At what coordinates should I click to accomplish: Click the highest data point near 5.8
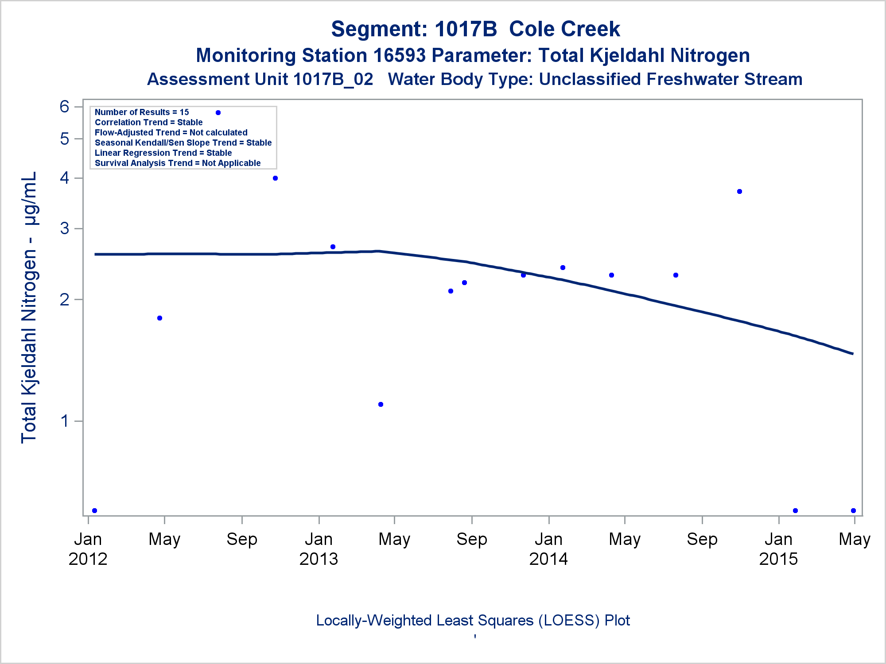click(218, 113)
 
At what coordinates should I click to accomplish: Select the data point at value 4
click(275, 178)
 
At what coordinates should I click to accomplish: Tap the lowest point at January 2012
click(94, 511)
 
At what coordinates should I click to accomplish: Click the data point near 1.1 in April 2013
click(381, 405)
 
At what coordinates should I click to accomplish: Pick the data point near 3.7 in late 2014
click(739, 192)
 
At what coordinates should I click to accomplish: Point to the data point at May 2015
click(853, 511)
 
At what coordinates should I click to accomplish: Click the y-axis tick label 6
click(65, 107)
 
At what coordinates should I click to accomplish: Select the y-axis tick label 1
click(65, 421)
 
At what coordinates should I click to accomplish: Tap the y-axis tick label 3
click(65, 228)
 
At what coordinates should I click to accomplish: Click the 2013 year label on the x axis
click(319, 559)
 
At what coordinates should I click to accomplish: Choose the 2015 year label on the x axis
click(778, 559)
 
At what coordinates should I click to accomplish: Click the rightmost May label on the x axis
click(855, 540)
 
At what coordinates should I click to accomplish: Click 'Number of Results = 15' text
click(142, 112)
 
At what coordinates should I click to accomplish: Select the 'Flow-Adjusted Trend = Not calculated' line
click(171, 133)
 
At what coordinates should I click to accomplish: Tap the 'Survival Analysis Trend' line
click(178, 163)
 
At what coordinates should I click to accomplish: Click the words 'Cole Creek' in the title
click(564, 29)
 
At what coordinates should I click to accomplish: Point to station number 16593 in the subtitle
click(399, 56)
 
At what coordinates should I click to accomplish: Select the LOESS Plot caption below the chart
click(473, 621)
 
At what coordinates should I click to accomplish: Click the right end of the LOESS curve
click(852, 354)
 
